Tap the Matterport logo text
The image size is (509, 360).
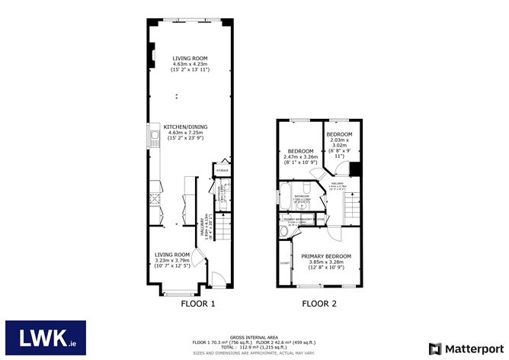pos(467,347)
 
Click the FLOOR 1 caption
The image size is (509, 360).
pos(197,304)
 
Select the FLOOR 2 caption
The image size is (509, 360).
pos(319,304)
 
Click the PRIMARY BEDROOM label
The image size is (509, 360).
pos(326,256)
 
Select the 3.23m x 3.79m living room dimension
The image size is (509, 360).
pos(171,260)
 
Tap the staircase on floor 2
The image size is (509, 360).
pos(351,205)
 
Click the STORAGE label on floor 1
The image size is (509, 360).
pos(224,170)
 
